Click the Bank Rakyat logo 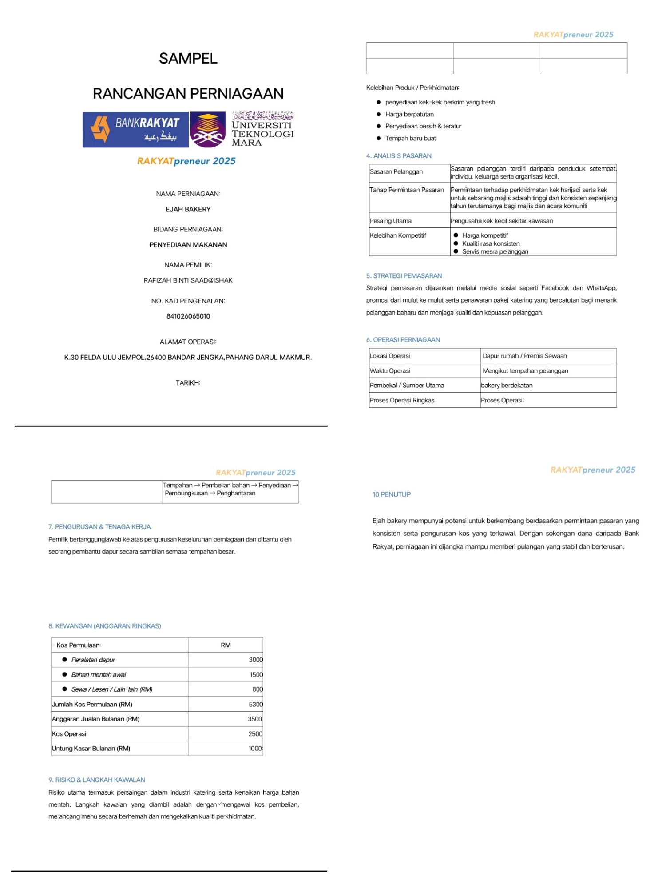[x=135, y=129]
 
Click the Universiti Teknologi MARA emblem [x=207, y=130]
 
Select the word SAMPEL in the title [x=188, y=58]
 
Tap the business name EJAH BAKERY [x=188, y=209]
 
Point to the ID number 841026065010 [x=188, y=316]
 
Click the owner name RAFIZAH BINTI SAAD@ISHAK [x=188, y=280]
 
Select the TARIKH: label [x=188, y=383]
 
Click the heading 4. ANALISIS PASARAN [x=399, y=156]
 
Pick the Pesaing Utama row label [x=391, y=221]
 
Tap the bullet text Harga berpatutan [x=409, y=114]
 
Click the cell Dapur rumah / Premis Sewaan [x=524, y=356]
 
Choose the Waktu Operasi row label [x=390, y=370]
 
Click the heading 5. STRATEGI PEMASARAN [x=404, y=276]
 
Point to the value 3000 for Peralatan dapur [x=256, y=660]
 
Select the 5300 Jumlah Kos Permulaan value [x=256, y=704]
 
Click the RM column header [x=226, y=645]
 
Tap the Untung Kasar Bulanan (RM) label [x=91, y=749]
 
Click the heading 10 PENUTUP [x=392, y=494]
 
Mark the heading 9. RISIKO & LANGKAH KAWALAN [x=97, y=780]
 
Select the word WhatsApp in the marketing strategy [x=601, y=288]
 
